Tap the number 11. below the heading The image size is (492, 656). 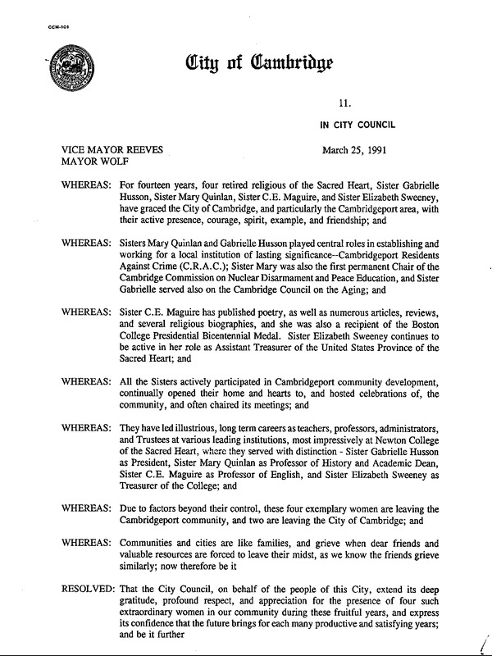click(344, 102)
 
